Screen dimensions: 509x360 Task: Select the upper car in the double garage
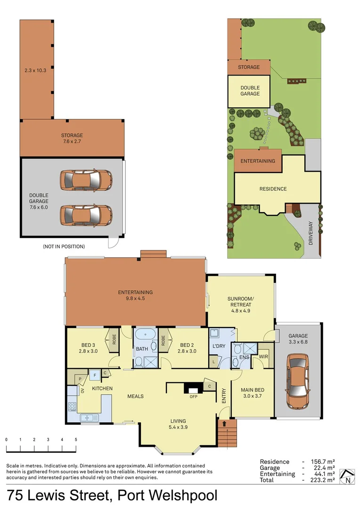(85, 180)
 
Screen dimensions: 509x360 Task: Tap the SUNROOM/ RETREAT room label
(240, 302)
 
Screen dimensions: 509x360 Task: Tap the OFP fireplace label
(193, 396)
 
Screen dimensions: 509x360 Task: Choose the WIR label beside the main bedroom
(263, 357)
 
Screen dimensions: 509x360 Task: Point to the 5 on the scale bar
(76, 439)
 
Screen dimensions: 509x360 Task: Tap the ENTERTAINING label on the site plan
(258, 161)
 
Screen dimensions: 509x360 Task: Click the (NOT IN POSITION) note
(64, 246)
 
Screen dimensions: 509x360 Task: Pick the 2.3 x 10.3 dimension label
(36, 71)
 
